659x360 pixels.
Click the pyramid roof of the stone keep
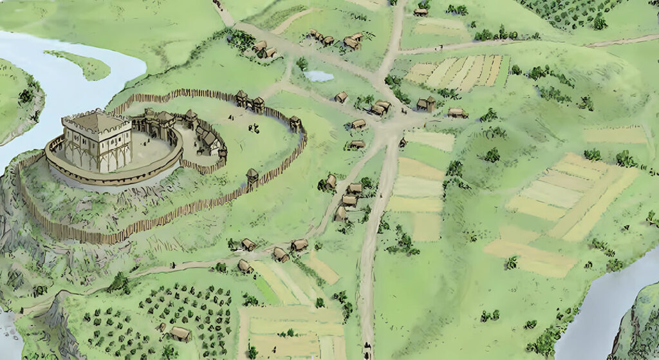click(95, 120)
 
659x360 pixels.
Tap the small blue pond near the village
click(319, 76)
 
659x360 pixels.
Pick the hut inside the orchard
click(180, 334)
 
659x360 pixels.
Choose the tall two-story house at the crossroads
click(424, 104)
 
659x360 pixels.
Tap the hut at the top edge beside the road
click(420, 11)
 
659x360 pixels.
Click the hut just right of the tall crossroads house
click(458, 113)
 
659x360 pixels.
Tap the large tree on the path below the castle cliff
click(119, 282)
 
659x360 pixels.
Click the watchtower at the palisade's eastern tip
click(295, 123)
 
